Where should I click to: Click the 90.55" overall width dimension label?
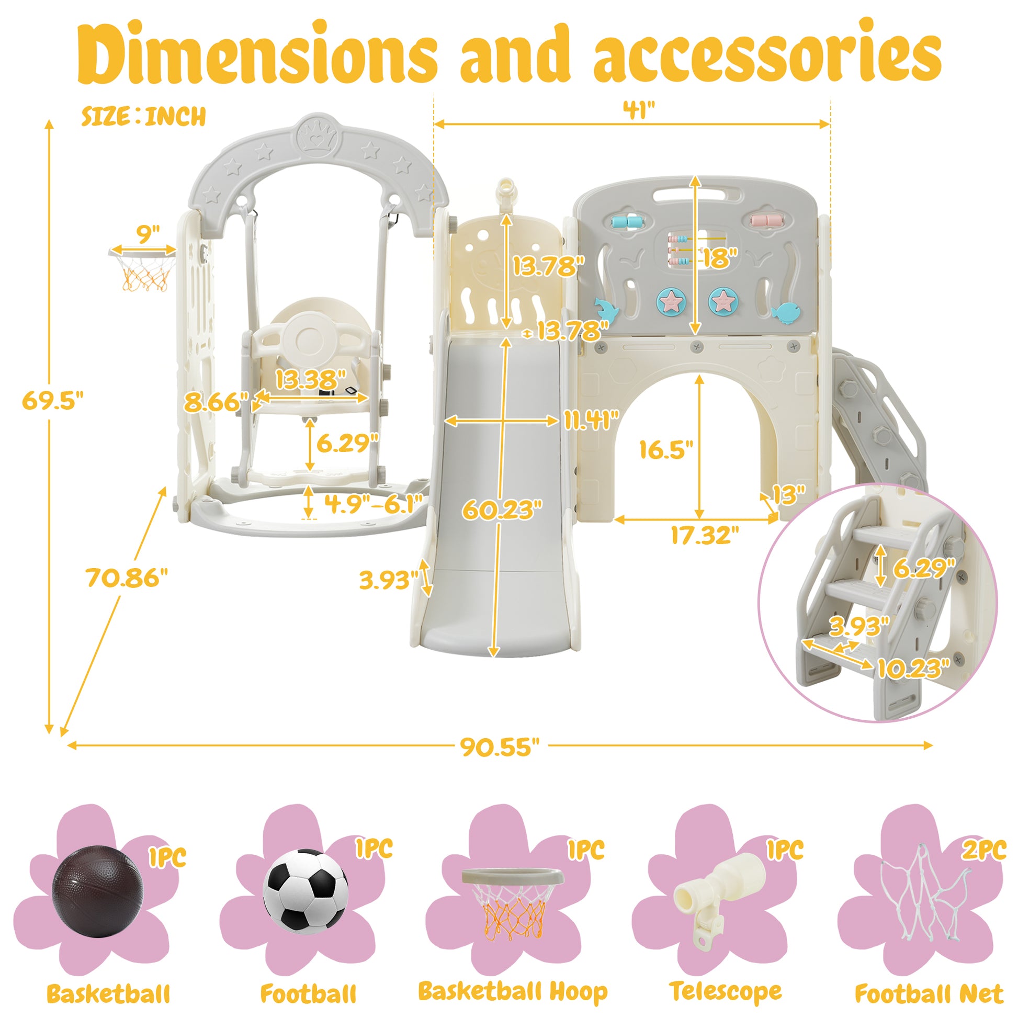[500, 746]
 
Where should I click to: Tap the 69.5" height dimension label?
[53, 401]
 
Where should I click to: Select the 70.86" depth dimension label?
[127, 578]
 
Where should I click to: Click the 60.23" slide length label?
[502, 510]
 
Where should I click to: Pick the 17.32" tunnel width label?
[705, 535]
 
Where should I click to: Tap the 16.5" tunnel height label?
[666, 449]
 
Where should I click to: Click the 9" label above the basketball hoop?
[148, 234]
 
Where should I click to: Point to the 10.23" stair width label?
[913, 669]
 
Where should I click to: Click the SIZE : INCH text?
[143, 117]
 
